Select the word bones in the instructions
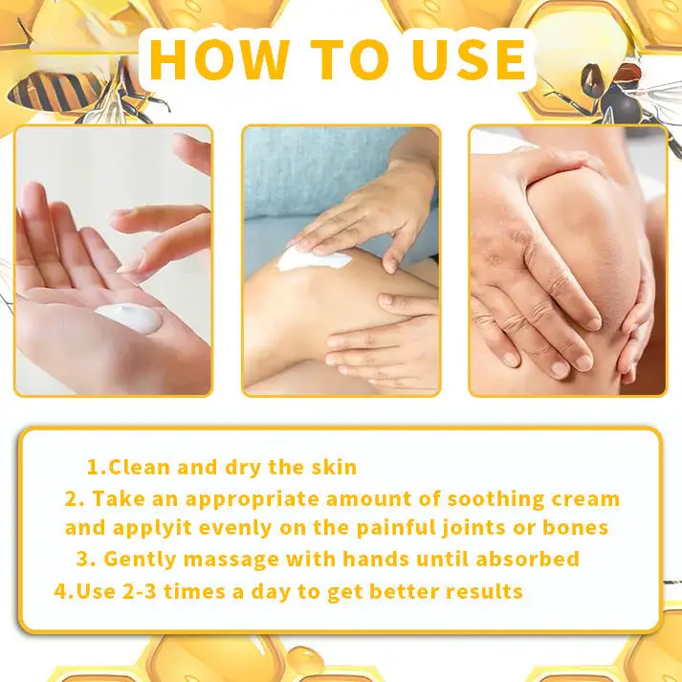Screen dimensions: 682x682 tap(575, 527)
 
